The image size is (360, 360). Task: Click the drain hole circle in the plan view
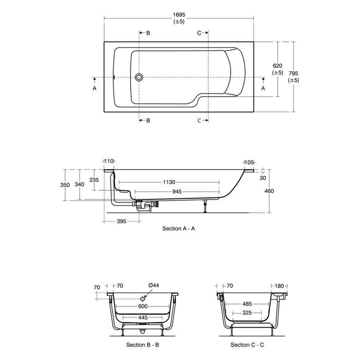point(138,78)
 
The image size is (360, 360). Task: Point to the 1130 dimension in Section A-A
point(169,182)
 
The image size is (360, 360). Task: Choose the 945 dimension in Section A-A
point(177,191)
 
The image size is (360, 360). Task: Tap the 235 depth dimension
point(94,180)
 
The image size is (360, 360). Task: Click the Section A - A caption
point(178,228)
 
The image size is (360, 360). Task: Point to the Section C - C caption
point(247,345)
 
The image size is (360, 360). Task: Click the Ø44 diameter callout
point(153,285)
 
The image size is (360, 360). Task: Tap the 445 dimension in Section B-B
point(141,317)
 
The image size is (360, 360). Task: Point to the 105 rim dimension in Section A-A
point(249,162)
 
